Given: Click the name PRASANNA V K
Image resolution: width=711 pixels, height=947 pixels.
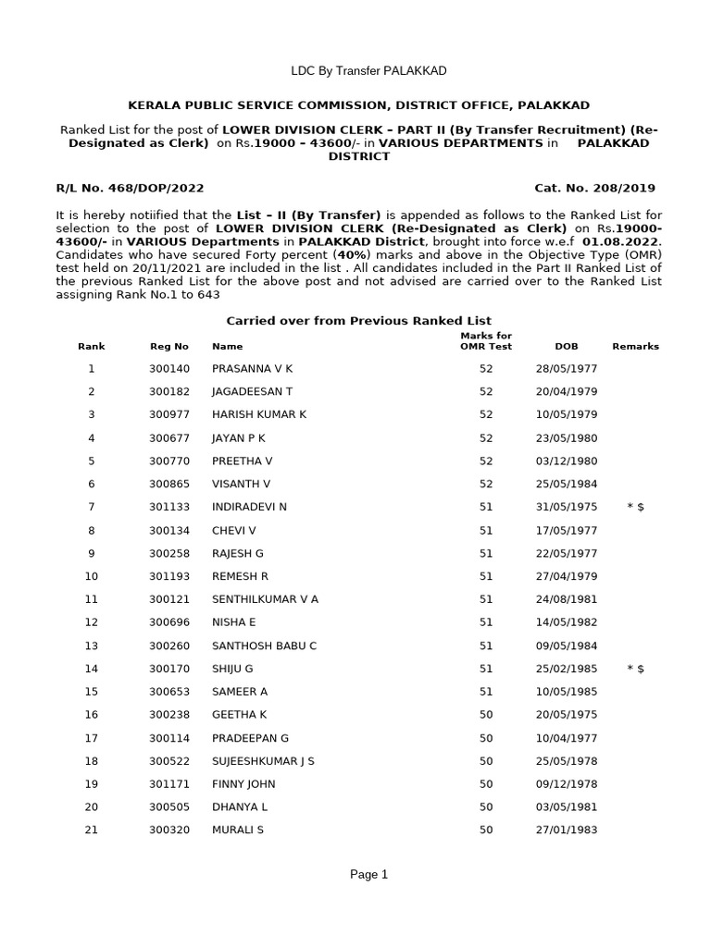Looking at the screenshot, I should (x=252, y=368).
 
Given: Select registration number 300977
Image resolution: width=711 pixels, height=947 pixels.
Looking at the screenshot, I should (x=168, y=414).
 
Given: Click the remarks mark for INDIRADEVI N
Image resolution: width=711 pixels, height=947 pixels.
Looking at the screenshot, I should (x=635, y=507).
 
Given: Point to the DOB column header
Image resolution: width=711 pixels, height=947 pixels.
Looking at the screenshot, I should (x=567, y=346).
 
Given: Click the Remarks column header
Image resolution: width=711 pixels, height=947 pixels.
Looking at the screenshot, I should (x=635, y=346).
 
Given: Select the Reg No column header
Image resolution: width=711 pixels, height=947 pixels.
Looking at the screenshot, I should (x=168, y=346).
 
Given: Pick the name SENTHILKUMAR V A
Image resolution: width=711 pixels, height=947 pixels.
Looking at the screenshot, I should (x=265, y=599).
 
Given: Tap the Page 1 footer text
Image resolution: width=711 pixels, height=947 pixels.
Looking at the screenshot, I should (x=368, y=874).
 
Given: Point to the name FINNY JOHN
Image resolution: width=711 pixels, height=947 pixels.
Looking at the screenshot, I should (x=243, y=784).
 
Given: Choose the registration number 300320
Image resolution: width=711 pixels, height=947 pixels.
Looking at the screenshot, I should (x=168, y=830).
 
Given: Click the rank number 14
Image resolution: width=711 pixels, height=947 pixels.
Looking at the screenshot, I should (x=91, y=668).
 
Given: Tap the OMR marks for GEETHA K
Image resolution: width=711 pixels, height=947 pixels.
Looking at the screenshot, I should (x=486, y=715).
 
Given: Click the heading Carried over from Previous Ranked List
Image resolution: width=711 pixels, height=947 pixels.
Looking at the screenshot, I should (x=359, y=320).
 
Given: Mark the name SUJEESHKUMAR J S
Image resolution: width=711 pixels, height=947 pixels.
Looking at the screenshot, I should (x=263, y=761).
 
